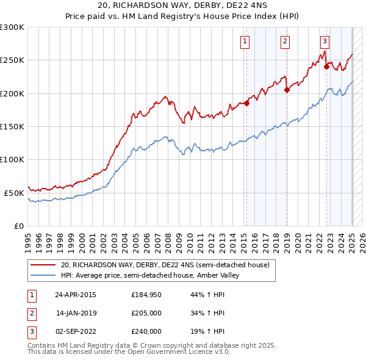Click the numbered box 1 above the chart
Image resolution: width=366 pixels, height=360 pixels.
click(x=245, y=41)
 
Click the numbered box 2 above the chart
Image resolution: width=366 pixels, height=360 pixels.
click(x=285, y=41)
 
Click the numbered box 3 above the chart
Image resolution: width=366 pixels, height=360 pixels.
click(x=325, y=41)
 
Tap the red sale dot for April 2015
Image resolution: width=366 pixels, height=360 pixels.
click(x=247, y=103)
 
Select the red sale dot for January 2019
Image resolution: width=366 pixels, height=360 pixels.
click(x=287, y=90)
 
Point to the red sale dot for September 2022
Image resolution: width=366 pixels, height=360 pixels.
click(x=326, y=67)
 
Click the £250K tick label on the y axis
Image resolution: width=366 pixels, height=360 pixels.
click(x=12, y=60)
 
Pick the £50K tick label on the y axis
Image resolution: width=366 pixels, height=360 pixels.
click(x=13, y=193)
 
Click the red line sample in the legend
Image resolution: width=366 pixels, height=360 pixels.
click(x=43, y=265)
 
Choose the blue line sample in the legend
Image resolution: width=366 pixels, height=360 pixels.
click(x=43, y=275)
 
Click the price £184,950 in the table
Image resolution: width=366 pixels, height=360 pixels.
click(x=146, y=295)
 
